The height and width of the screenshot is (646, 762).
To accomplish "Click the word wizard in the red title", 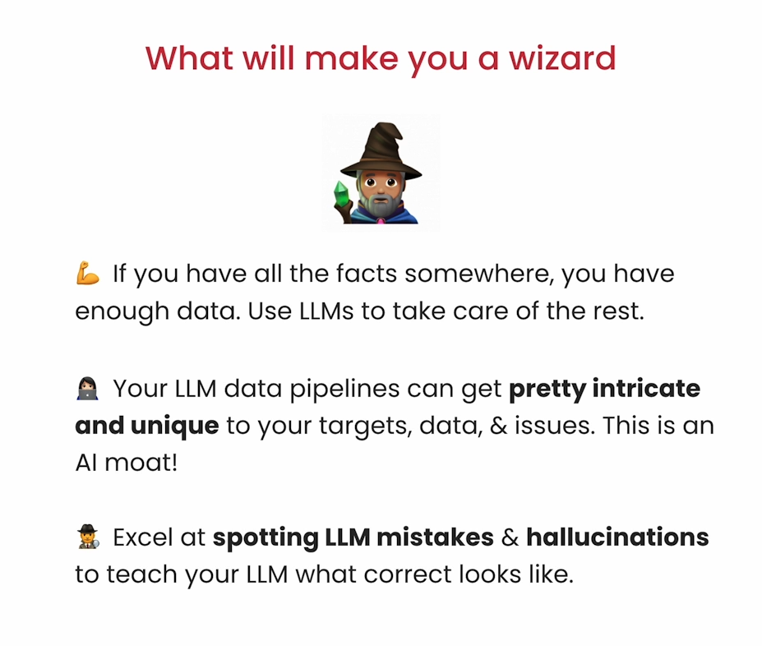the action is pyautogui.click(x=562, y=58).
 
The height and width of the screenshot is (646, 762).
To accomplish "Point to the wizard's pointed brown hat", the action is pyautogui.click(x=381, y=150).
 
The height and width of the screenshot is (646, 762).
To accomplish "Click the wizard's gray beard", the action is pyautogui.click(x=382, y=205).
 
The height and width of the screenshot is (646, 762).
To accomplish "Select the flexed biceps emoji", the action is pyautogui.click(x=87, y=273).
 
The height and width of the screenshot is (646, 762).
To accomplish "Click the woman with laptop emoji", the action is pyautogui.click(x=87, y=389).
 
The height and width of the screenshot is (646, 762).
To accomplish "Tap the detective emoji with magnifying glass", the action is pyautogui.click(x=88, y=537).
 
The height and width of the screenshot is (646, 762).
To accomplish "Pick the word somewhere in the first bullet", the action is pyautogui.click(x=480, y=274).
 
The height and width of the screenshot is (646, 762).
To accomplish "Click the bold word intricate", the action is pyautogui.click(x=646, y=389).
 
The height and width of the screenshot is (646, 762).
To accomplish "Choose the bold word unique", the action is pyautogui.click(x=174, y=427).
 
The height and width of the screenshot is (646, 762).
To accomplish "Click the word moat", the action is pyautogui.click(x=141, y=463).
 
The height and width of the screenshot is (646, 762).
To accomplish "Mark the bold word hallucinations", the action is pyautogui.click(x=617, y=538).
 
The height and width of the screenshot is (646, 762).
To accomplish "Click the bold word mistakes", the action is pyautogui.click(x=435, y=538).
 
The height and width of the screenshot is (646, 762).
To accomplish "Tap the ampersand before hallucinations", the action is pyautogui.click(x=510, y=538).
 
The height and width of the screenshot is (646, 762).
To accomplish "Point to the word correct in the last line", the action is pyautogui.click(x=407, y=574).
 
